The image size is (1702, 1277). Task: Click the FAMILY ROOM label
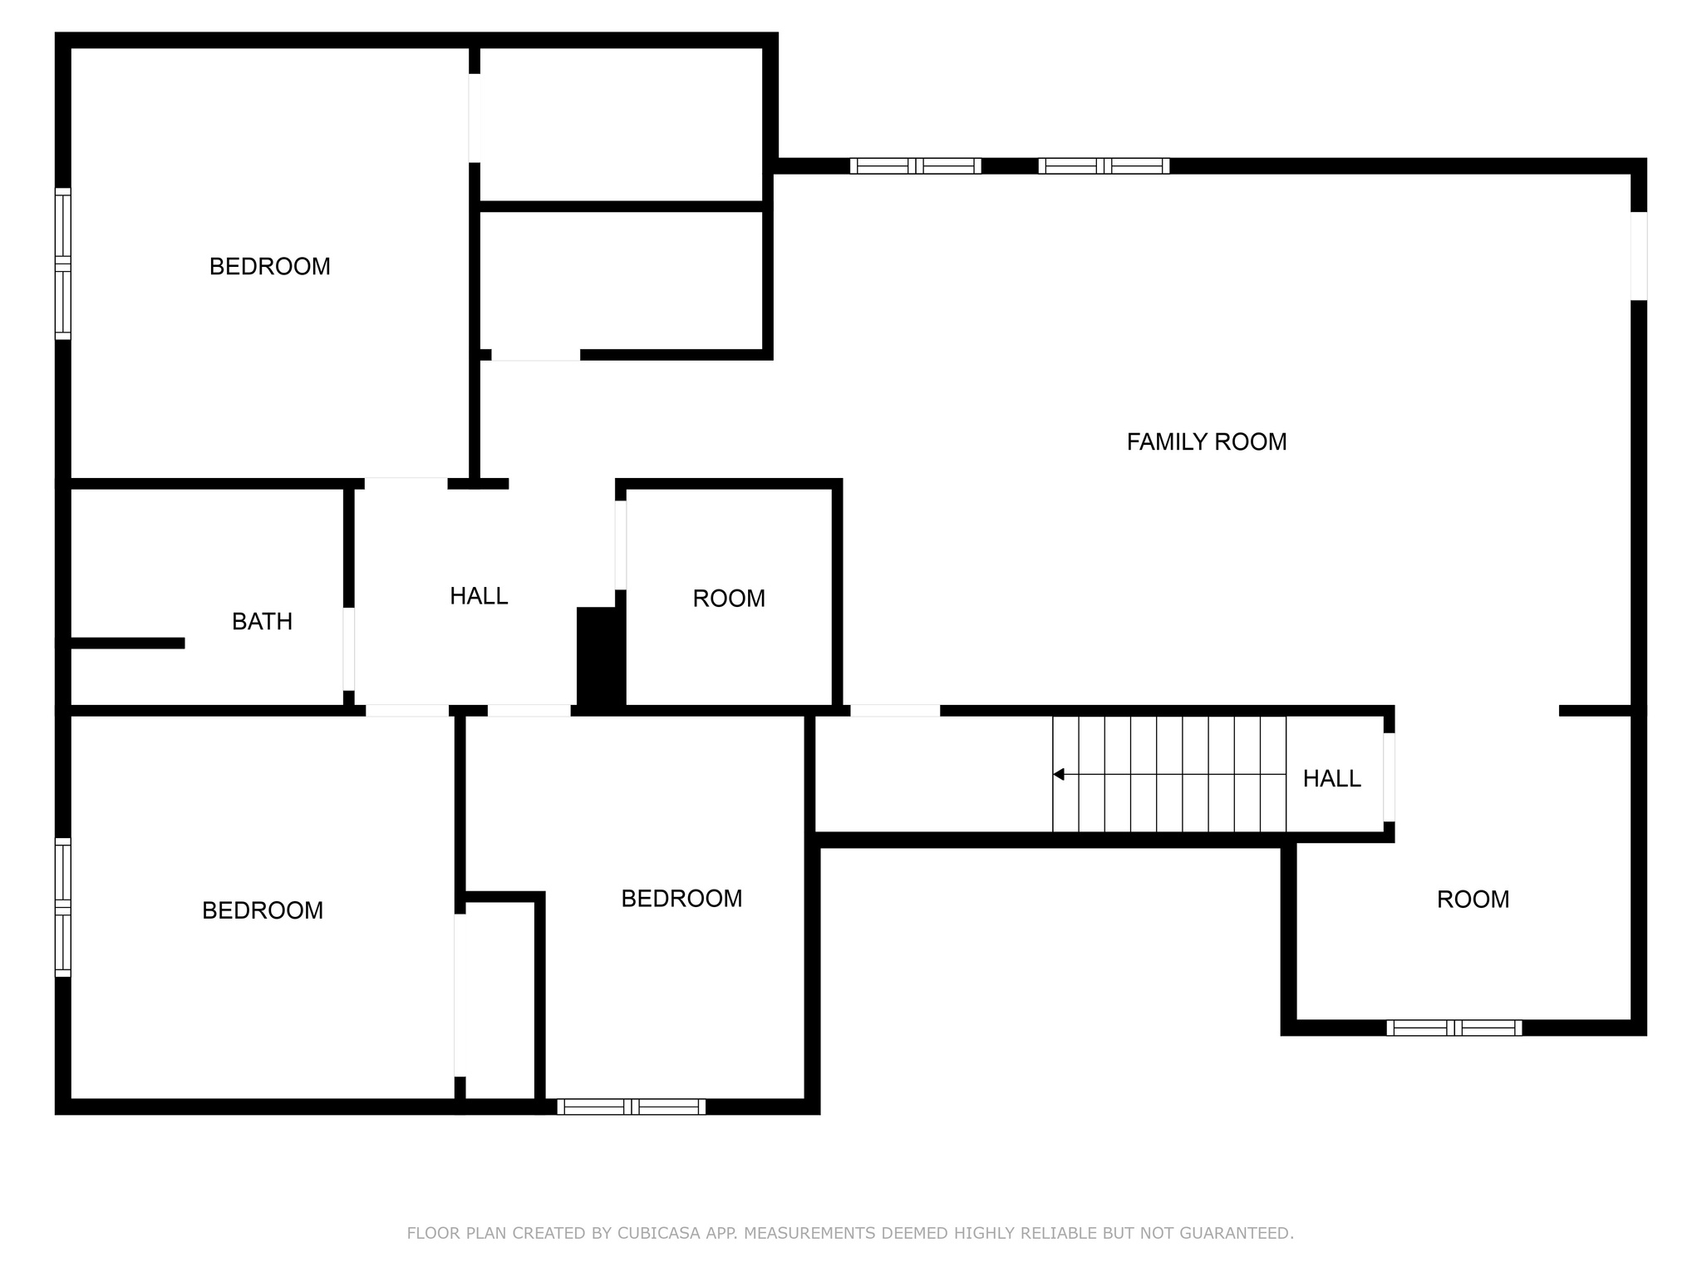(1207, 441)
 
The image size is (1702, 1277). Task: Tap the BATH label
(262, 621)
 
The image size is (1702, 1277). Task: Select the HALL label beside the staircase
(1331, 778)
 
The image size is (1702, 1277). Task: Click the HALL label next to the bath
(479, 595)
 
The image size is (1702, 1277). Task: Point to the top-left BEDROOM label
(270, 266)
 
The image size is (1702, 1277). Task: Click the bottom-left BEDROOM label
(263, 910)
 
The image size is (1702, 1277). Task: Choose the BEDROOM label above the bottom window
(681, 898)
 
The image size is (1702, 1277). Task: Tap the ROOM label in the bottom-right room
(1473, 899)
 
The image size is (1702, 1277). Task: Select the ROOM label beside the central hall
(729, 599)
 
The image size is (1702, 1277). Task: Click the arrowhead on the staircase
(1058, 774)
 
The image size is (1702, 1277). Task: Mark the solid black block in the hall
(601, 658)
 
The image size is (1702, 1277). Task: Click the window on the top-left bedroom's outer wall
(63, 264)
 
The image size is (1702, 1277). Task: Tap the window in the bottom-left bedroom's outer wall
(63, 906)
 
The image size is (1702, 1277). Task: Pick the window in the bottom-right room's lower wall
(1454, 1028)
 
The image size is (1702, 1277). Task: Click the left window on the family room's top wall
(915, 165)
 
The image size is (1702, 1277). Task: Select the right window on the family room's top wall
(1104, 165)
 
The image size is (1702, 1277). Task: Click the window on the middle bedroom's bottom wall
(632, 1107)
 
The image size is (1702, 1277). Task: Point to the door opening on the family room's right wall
(1639, 256)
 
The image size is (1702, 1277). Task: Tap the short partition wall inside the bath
(126, 643)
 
